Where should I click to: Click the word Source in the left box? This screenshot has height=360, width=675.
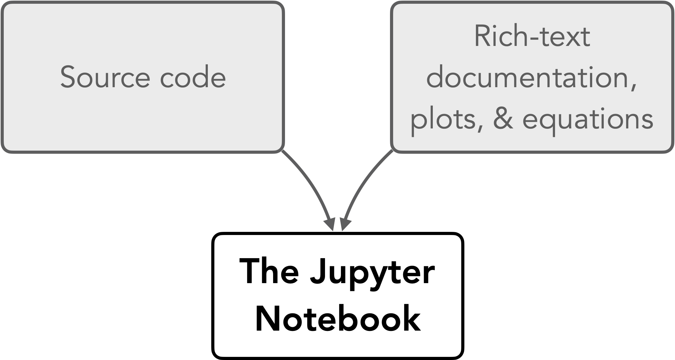105,77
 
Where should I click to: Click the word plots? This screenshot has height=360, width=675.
444,120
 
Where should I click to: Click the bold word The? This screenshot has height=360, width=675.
269,271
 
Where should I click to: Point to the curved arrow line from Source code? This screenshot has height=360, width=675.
311,183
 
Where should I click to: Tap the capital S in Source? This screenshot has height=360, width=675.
68,77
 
